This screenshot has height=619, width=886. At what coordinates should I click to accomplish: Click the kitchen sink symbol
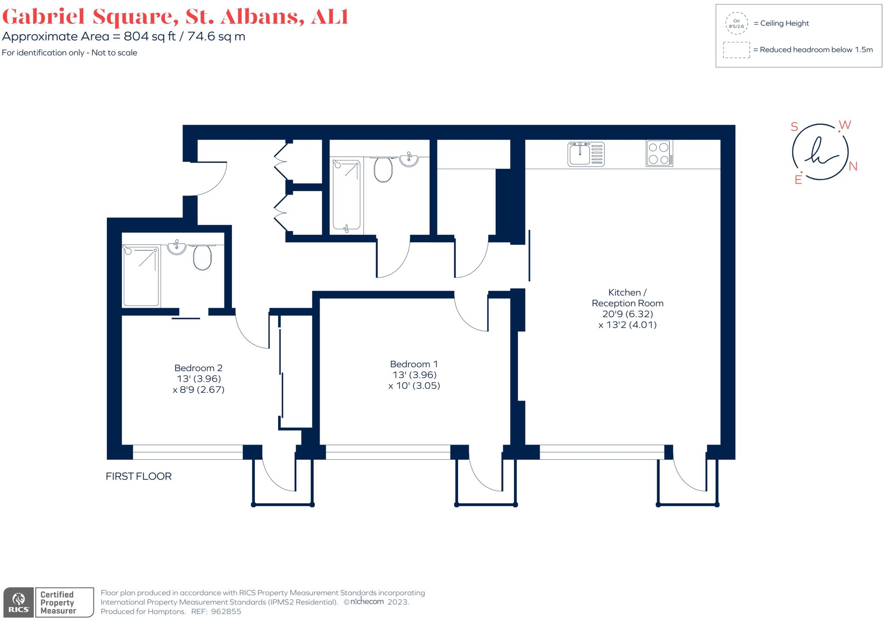point(586,154)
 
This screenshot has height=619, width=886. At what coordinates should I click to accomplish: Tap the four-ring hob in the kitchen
point(659,153)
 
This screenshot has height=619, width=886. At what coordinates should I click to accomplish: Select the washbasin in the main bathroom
point(409,159)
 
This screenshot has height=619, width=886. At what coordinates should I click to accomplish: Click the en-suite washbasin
point(177,247)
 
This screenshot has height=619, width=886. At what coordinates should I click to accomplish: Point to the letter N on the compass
point(853,167)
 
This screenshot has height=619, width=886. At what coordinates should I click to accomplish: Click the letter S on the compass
point(794,127)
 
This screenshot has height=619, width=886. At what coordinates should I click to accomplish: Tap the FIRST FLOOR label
point(138,476)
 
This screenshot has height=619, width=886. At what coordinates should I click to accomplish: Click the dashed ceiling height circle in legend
point(736,23)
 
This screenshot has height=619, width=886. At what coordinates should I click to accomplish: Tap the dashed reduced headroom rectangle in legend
point(736,50)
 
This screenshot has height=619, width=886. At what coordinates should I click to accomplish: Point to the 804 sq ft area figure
point(150,36)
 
